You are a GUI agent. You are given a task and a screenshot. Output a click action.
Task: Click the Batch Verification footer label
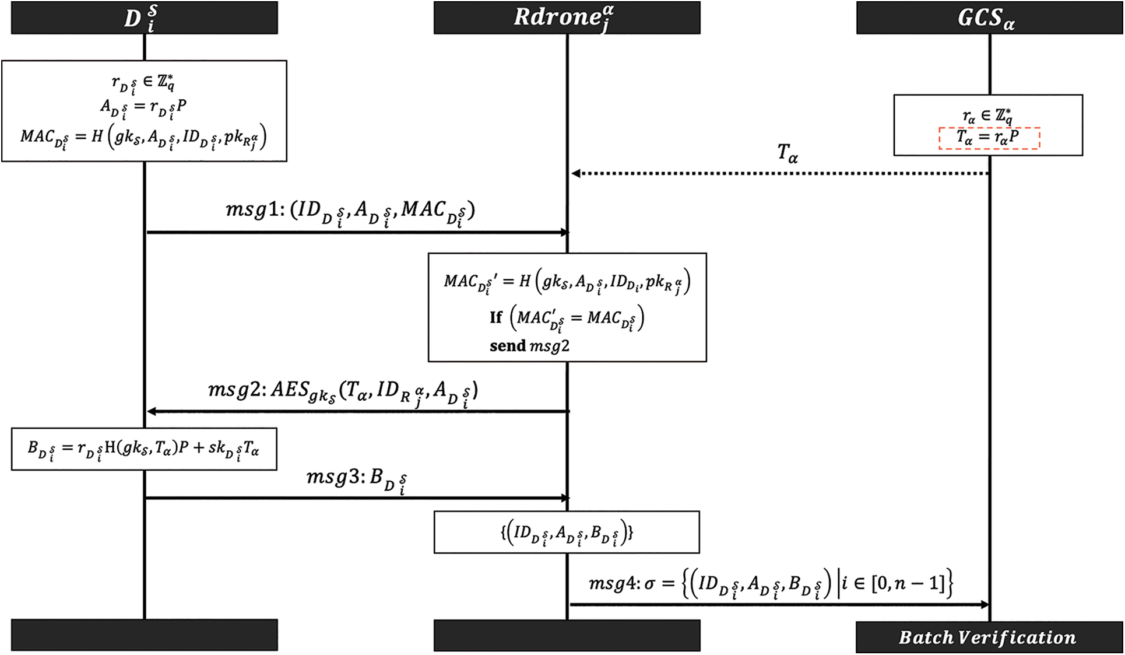click(x=987, y=637)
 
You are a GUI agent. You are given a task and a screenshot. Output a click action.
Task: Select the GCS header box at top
click(x=989, y=17)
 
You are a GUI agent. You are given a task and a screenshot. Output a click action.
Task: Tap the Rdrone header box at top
click(x=567, y=17)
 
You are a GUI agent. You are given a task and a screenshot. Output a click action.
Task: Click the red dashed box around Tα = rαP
click(x=989, y=138)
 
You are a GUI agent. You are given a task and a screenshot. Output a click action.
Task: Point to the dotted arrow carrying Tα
click(x=781, y=173)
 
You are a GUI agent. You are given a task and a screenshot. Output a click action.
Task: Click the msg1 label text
click(x=350, y=211)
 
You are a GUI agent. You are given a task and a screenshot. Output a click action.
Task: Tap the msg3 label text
click(x=356, y=479)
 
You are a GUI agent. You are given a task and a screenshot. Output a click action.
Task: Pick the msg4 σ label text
click(x=770, y=584)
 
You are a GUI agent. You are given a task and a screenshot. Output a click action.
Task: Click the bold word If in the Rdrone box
click(x=495, y=317)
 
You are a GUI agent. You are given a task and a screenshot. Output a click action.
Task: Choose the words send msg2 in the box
click(x=529, y=346)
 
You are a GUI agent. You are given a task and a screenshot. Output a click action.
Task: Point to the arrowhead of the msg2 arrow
click(x=151, y=411)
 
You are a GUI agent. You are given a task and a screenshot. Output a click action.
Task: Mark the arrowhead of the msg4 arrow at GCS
click(x=985, y=604)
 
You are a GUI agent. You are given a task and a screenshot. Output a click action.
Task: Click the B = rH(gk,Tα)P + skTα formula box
click(x=144, y=449)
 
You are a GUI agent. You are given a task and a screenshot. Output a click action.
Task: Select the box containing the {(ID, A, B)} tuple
click(x=567, y=532)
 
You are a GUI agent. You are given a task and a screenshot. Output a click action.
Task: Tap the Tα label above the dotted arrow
click(x=787, y=153)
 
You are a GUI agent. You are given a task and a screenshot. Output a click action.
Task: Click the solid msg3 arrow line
click(x=356, y=498)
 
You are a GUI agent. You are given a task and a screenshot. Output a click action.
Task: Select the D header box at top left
click(x=144, y=17)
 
